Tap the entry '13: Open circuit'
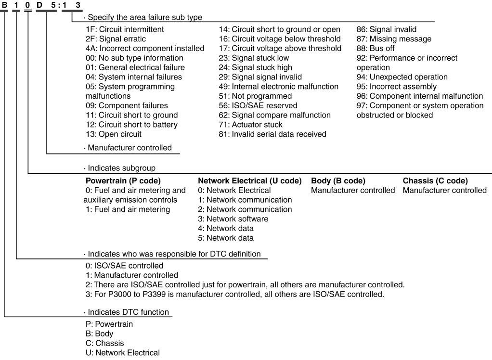tap(113, 134)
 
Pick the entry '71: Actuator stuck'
tap(251, 125)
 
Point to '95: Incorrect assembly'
tap(396, 87)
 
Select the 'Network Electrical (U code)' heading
tap(250, 181)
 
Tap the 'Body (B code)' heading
tap(338, 181)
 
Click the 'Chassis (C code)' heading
tap(435, 181)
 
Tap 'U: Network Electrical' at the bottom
tap(122, 353)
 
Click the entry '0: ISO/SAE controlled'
tap(124, 266)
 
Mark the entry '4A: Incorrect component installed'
tap(144, 48)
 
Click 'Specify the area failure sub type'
tap(144, 17)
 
